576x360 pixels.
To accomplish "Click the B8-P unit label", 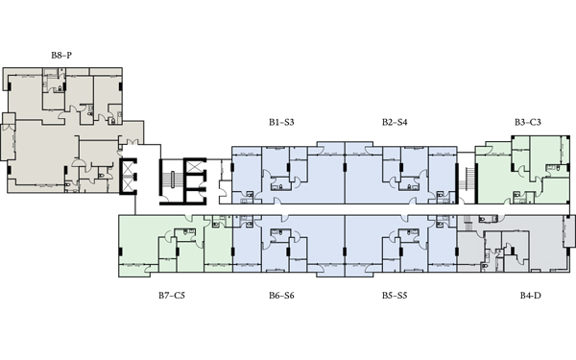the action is (x=61, y=56).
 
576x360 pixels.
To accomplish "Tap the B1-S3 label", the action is (x=281, y=122).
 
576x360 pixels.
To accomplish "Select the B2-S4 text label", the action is (x=395, y=122).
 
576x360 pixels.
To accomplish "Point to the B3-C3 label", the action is (x=527, y=122).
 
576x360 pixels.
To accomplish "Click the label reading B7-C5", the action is (x=172, y=296).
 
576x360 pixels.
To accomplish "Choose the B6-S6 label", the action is (x=281, y=296).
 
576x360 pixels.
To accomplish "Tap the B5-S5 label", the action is (x=395, y=296).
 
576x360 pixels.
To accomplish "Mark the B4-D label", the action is (x=531, y=296).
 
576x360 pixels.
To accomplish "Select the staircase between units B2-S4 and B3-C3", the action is (x=470, y=179).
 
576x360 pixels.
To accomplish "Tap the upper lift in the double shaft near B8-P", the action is (x=128, y=168).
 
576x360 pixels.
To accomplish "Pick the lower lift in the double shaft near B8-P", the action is (x=128, y=184).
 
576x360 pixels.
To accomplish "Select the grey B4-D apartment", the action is (x=515, y=243).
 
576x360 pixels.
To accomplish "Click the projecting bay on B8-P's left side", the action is (x=8, y=136).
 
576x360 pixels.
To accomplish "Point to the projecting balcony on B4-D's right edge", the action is (x=569, y=231).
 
